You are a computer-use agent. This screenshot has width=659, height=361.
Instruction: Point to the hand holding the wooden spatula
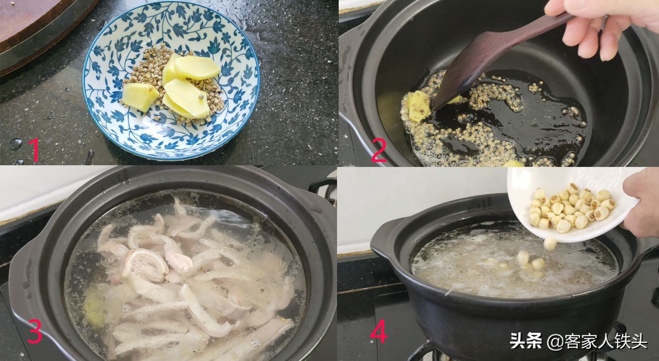coord(610,29)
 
